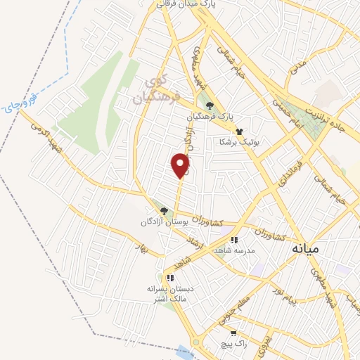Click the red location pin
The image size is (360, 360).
(x=181, y=165)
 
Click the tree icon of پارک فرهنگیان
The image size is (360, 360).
(x=210, y=107)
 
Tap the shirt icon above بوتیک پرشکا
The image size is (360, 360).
(x=239, y=131)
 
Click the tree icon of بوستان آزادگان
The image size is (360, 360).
(x=164, y=210)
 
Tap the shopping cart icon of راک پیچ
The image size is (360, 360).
(x=233, y=333)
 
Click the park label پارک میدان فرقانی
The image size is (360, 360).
(x=179, y=4)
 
